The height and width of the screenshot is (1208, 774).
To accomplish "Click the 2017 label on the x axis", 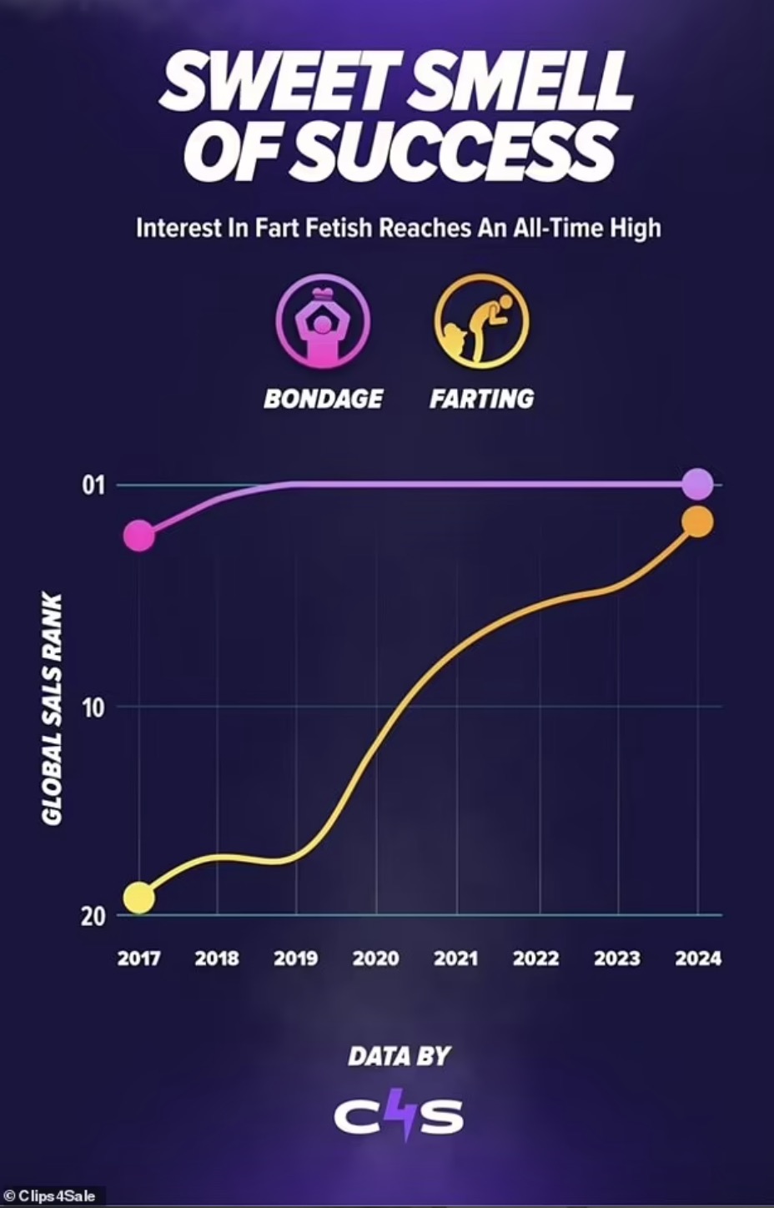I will tap(138, 958).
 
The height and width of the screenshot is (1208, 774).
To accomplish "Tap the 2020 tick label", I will tap(375, 958).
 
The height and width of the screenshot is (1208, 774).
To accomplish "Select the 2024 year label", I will tap(698, 958).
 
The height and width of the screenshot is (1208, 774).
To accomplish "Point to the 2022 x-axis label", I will tap(535, 958).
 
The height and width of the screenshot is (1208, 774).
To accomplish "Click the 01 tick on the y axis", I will tap(94, 485).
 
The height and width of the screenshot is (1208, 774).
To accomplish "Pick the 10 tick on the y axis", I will tap(93, 707).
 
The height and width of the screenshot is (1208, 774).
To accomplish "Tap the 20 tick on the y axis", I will tap(93, 916).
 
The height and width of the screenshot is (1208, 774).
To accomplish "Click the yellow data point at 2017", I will tap(139, 898).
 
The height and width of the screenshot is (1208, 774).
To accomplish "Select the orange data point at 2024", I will tap(697, 522).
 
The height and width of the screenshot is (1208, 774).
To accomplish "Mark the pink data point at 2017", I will tap(139, 536).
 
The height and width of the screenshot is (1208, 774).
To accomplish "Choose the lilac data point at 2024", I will tap(697, 484).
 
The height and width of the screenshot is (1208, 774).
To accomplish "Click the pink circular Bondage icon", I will tap(323, 322).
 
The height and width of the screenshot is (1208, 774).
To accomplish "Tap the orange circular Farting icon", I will tap(481, 322).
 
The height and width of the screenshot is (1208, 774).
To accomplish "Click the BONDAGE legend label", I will tap(323, 399).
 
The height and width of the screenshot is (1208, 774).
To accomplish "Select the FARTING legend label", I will tap(481, 399).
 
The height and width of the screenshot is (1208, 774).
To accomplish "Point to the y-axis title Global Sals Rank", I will tap(52, 709).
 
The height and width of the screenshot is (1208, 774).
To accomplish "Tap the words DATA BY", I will tap(399, 1057).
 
